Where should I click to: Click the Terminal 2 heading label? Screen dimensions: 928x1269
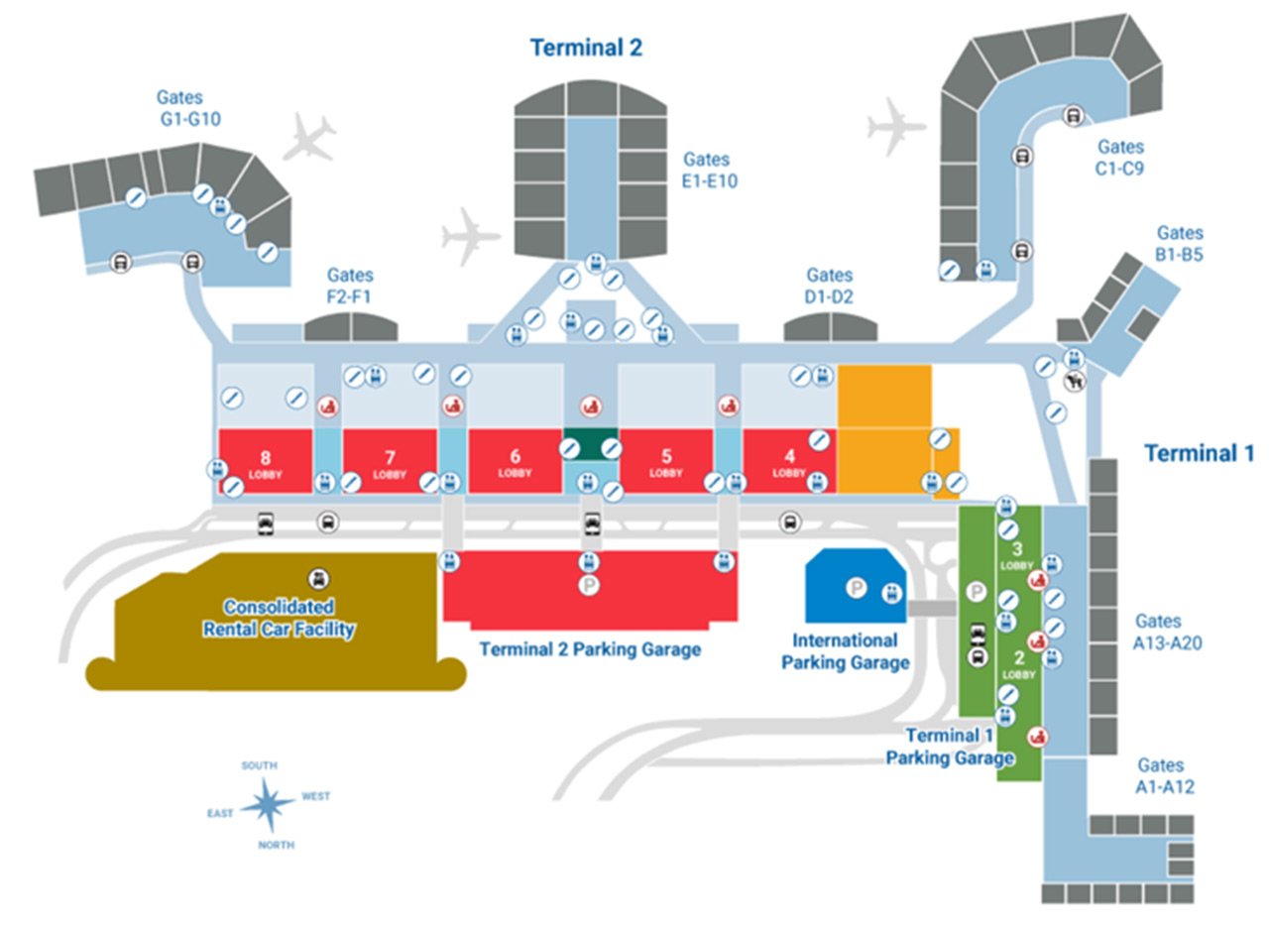(x=586, y=48)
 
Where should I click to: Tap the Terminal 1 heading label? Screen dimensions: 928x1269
(x=1206, y=453)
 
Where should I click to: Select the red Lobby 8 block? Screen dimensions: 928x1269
(x=265, y=461)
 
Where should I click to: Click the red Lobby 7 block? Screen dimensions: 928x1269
(x=390, y=461)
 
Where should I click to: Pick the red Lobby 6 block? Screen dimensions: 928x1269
(x=515, y=461)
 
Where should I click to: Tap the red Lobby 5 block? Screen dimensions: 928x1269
(x=665, y=461)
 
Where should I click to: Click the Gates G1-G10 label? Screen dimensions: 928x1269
(x=188, y=108)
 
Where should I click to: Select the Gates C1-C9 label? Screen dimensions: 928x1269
(x=1120, y=157)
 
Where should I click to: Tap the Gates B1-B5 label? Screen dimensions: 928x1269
(x=1180, y=243)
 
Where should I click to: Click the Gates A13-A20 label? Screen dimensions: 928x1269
(x=1159, y=632)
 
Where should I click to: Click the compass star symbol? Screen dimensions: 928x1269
(x=267, y=804)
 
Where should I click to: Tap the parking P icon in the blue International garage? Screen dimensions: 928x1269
(x=856, y=587)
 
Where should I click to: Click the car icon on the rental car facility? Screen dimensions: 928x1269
(x=319, y=578)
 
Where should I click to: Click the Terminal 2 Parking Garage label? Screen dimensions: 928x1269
(x=590, y=650)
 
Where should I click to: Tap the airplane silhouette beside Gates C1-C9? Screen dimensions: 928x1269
(x=894, y=126)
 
